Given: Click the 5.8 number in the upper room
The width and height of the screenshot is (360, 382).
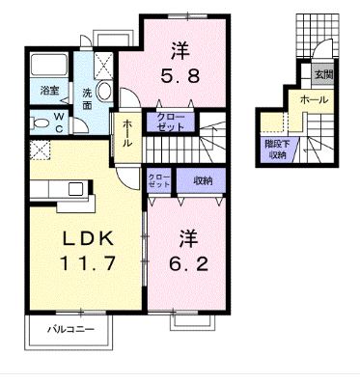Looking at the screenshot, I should click(180, 77).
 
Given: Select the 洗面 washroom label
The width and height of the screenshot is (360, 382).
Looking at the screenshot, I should click(85, 99).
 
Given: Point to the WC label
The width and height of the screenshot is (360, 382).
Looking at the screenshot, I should click(59, 122).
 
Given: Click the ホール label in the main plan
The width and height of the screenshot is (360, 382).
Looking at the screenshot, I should click(128, 138).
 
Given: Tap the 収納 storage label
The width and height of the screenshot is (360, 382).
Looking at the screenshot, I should click(201, 180).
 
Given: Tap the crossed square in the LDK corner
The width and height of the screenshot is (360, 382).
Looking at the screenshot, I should click(40, 150).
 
